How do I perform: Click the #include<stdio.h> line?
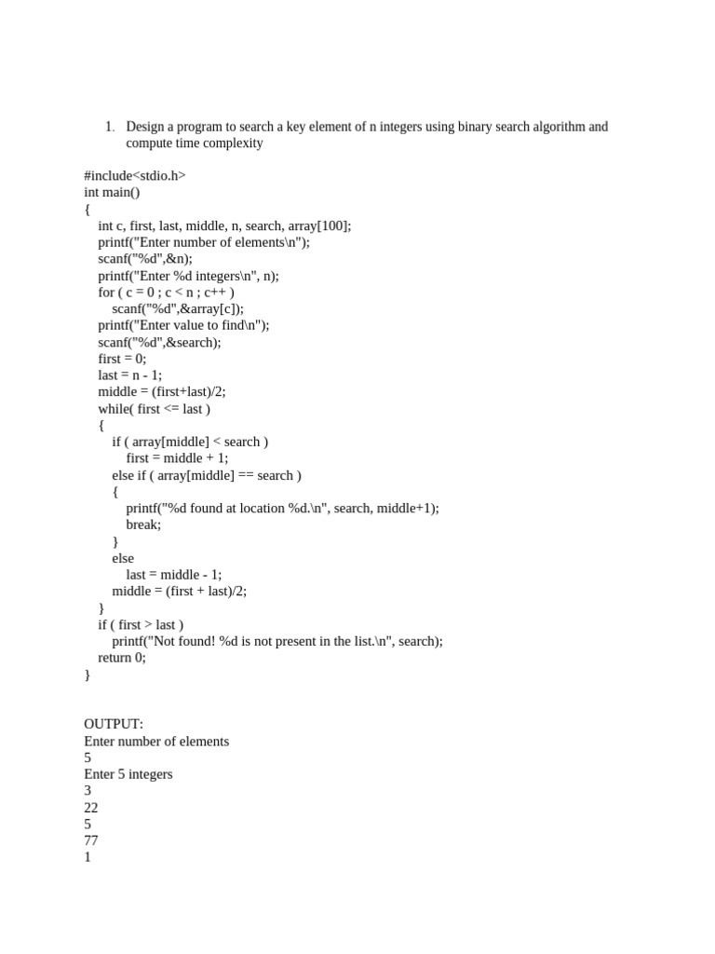click(135, 176)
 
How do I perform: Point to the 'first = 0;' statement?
click(122, 359)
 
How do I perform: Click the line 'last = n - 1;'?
click(129, 375)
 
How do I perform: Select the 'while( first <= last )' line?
click(154, 409)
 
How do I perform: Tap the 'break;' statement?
click(143, 525)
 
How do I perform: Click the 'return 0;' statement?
click(122, 657)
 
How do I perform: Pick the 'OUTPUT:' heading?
click(114, 724)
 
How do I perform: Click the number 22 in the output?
click(91, 808)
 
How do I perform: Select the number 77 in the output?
click(91, 840)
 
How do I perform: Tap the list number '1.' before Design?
click(109, 127)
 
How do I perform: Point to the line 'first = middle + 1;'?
click(177, 458)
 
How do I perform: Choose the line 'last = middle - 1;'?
click(174, 575)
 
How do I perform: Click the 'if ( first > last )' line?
click(141, 624)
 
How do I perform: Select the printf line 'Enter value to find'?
click(183, 326)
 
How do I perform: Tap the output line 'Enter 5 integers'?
click(128, 774)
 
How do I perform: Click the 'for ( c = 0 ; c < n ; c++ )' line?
click(166, 293)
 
